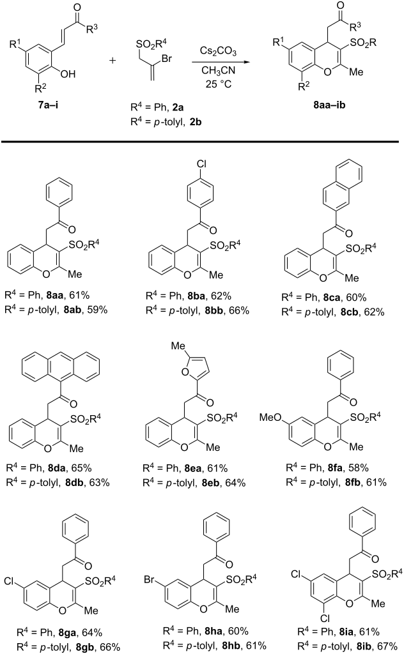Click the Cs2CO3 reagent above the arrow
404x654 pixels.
tap(218, 51)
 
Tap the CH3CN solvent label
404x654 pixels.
tap(218, 70)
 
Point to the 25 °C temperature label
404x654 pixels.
tap(218, 84)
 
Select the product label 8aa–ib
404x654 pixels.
tap(330, 104)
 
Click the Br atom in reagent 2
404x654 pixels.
tap(167, 58)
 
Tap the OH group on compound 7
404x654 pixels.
tap(68, 74)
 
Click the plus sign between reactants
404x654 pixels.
tap(113, 61)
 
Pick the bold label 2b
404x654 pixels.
tap(196, 122)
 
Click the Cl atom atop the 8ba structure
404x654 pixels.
tap(201, 164)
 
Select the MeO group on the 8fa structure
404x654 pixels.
tap(271, 417)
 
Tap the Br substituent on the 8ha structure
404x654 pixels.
tap(150, 580)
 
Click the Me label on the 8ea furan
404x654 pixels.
tap(178, 346)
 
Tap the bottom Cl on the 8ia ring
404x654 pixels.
tap(325, 618)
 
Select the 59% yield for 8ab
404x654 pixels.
tap(97, 310)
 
